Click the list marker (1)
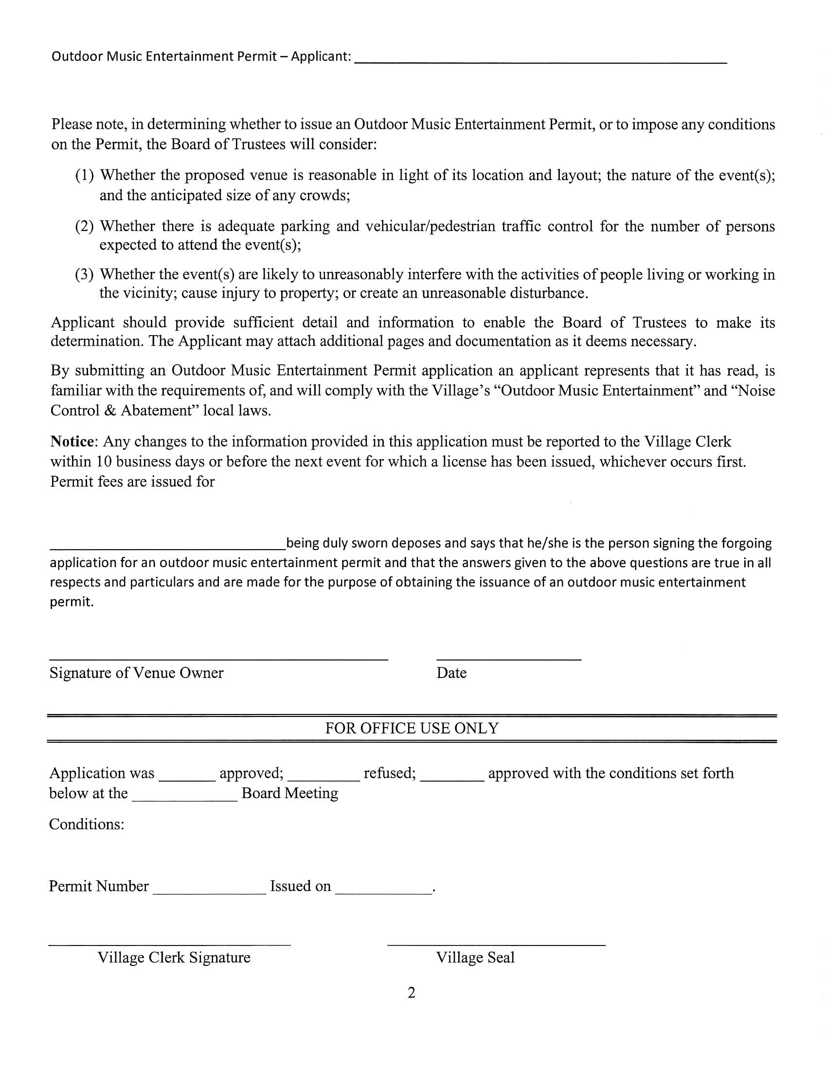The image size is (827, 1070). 84,176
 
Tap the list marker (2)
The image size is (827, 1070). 84,226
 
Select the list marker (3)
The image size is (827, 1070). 84,274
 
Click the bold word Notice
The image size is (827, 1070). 72,442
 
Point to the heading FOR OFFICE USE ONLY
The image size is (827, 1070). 412,729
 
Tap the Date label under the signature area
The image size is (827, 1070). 451,673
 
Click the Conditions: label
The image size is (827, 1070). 87,824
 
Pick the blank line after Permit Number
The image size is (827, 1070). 209,892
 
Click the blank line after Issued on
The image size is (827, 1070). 384,892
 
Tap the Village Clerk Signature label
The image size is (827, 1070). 174,958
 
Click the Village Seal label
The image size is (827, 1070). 475,958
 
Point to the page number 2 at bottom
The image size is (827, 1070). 412,993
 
